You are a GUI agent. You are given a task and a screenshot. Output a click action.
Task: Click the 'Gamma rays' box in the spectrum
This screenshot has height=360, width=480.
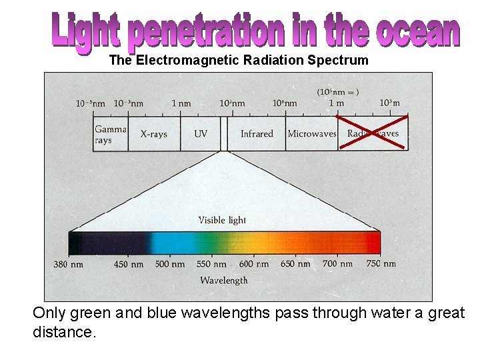(x=110, y=134)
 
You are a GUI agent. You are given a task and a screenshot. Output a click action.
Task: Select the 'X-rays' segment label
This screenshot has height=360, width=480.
(x=154, y=134)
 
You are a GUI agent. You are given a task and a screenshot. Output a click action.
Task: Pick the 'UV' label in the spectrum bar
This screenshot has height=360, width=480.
(x=201, y=134)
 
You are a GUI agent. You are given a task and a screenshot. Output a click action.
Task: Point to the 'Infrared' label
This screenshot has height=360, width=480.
(x=257, y=134)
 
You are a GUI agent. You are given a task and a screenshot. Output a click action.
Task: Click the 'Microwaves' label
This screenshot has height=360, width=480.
(x=311, y=134)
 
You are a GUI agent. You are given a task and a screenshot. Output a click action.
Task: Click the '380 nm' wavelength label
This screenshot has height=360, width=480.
(x=69, y=264)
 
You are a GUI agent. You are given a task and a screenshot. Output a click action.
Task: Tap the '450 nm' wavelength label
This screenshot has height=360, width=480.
(x=129, y=264)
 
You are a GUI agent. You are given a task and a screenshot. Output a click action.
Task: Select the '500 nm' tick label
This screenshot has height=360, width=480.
(x=169, y=264)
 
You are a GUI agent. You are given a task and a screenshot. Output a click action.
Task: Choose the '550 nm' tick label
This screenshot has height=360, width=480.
(x=211, y=264)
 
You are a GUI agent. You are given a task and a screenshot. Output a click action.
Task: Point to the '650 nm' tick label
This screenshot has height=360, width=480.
(x=295, y=264)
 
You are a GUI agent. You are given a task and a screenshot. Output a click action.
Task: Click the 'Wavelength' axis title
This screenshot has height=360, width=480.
(x=224, y=281)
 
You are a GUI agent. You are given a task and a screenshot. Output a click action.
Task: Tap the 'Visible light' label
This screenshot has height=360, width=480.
(x=222, y=221)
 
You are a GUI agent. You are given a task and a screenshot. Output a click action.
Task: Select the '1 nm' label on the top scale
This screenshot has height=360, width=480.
(x=181, y=103)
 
